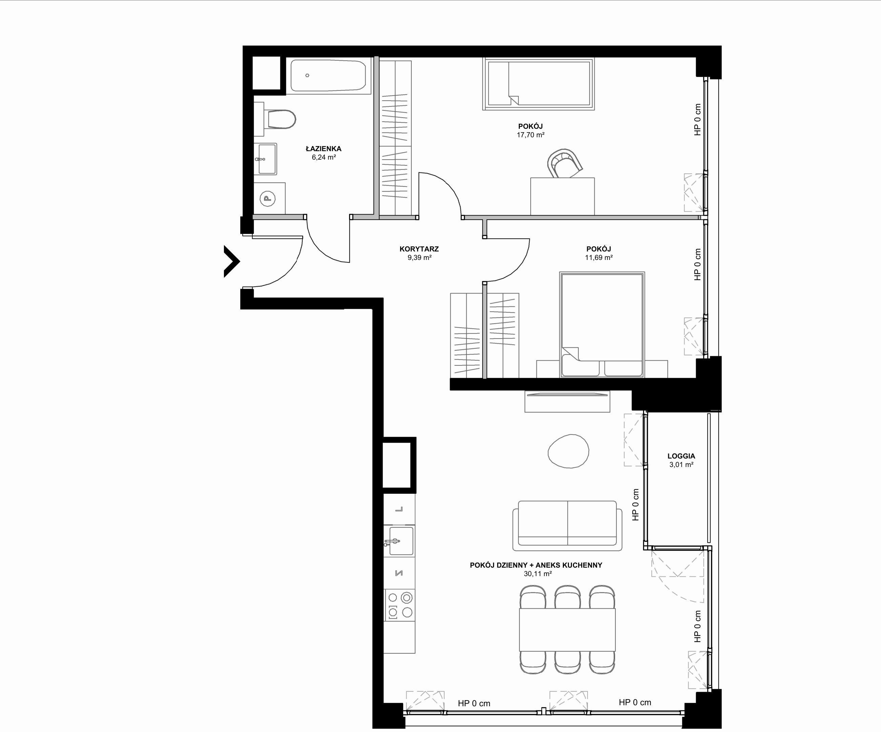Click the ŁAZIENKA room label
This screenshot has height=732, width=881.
(x=324, y=148)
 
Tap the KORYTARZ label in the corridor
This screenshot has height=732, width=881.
(x=419, y=249)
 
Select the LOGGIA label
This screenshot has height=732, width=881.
(x=681, y=456)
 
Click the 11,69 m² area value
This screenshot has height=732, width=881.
(x=599, y=258)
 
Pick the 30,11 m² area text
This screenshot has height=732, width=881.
(x=537, y=574)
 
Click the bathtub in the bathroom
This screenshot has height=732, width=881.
(x=328, y=76)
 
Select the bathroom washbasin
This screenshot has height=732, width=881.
(x=267, y=159)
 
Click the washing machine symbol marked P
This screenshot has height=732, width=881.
(x=268, y=198)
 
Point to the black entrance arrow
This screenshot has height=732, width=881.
(x=231, y=261)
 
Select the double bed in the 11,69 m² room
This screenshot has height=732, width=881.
(x=602, y=325)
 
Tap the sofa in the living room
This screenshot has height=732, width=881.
(x=567, y=525)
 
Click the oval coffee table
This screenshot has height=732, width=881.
(x=569, y=451)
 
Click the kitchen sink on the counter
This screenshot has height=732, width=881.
(x=399, y=541)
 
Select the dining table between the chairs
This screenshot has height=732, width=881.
(x=567, y=630)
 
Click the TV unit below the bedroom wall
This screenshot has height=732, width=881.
(x=567, y=402)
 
